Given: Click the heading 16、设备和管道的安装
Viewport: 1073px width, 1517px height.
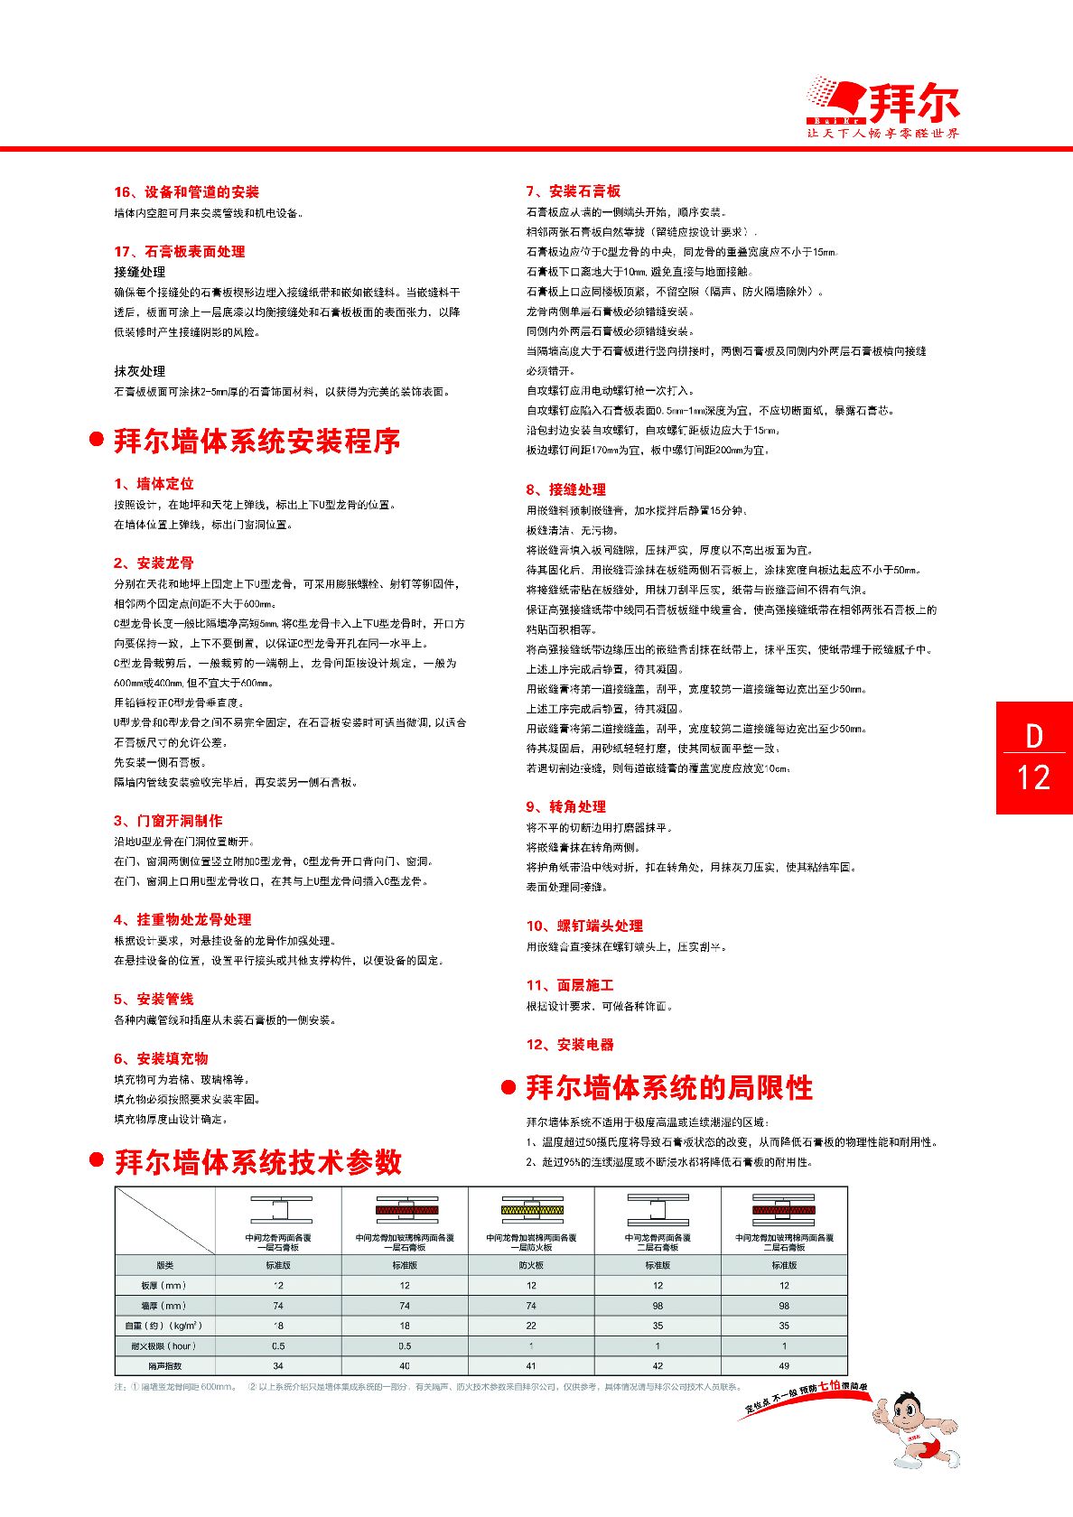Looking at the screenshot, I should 186,192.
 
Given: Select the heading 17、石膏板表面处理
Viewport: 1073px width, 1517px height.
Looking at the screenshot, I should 179,252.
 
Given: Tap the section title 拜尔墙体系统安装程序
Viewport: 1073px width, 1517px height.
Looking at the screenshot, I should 257,442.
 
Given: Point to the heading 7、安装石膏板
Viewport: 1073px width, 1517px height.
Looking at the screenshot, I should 574,191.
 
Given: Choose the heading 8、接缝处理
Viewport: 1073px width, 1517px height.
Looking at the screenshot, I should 566,489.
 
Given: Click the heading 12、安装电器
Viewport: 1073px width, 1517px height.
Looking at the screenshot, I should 570,1045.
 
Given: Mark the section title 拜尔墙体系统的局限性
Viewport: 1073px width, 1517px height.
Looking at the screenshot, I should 669,1088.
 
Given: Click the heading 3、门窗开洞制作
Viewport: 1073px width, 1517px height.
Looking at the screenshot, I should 168,821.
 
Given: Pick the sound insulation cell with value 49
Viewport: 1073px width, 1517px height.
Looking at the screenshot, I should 784,1366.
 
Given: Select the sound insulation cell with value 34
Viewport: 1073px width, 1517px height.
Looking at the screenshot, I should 278,1366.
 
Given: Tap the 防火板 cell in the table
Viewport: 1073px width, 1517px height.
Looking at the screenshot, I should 531,1265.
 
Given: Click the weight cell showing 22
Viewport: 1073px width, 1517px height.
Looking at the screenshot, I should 531,1326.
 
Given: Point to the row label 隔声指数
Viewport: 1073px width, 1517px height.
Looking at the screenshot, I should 164,1366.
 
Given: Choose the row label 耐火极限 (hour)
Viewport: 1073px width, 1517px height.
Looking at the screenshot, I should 164,1345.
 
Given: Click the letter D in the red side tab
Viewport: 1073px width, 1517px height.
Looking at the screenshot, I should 1034,737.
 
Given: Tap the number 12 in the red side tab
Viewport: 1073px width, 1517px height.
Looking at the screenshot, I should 1034,777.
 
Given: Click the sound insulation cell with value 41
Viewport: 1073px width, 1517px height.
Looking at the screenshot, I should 531,1366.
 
